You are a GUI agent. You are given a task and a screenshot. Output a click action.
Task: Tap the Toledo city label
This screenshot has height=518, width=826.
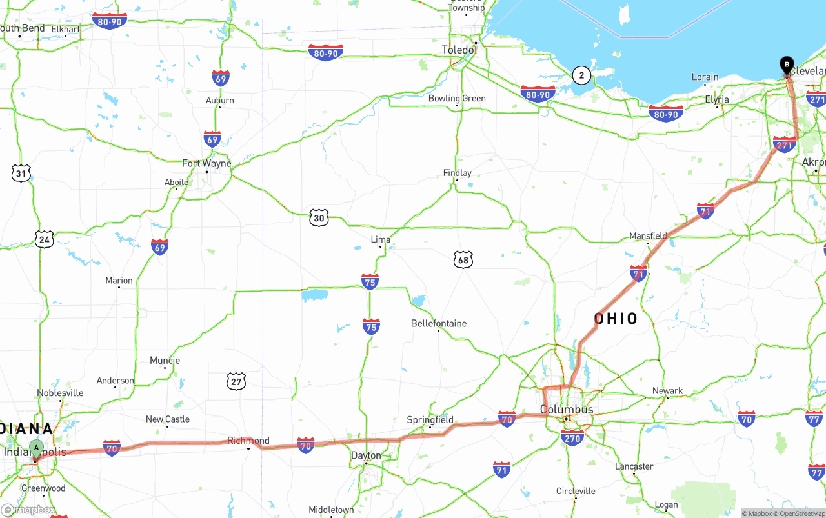point(458,50)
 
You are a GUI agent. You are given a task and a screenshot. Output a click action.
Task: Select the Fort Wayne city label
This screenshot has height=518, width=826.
point(206,163)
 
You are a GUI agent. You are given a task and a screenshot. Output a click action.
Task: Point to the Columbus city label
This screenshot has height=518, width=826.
point(566,410)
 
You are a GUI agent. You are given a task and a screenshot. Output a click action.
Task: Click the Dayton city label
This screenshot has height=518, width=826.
point(366,455)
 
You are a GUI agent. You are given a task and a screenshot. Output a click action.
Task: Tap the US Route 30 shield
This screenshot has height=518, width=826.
point(318,217)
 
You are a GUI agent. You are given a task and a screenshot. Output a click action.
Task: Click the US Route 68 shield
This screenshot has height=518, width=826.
point(463,259)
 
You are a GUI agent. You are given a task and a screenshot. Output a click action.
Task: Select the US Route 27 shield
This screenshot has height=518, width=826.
point(236,381)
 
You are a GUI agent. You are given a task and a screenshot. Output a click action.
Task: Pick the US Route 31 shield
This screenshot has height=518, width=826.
point(21,173)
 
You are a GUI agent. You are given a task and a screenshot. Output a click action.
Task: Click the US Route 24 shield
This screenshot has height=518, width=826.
point(44,239)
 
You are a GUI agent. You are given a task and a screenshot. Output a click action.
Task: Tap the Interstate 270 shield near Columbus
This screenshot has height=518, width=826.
point(572,438)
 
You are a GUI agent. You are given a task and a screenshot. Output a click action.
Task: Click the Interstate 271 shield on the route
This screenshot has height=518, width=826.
point(784,144)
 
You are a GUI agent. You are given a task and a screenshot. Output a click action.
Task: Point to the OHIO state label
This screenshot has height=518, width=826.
point(616,319)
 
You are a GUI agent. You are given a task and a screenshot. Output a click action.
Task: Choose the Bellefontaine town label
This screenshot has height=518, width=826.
point(439,323)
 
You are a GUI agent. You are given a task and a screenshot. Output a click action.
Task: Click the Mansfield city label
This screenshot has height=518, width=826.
point(648,236)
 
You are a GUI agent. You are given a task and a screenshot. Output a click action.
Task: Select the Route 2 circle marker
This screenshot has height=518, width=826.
point(581,75)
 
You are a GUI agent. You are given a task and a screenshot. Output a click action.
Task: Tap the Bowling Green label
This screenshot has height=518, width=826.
point(457,98)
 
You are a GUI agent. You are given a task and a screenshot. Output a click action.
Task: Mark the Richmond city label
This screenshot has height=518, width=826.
point(248,441)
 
